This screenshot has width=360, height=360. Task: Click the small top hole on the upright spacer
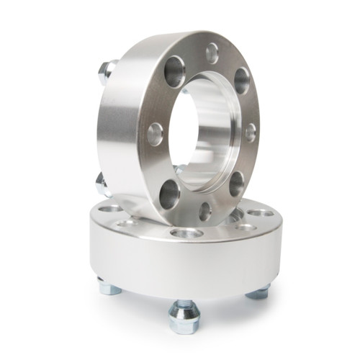coord(212,53)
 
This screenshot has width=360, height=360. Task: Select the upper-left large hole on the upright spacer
coord(175,71)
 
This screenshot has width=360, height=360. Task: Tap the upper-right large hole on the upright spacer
coord(241,81)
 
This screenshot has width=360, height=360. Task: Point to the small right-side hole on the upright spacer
coord(250,132)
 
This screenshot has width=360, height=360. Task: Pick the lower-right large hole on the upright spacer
coord(236,183)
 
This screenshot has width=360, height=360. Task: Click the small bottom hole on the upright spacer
coord(205,211)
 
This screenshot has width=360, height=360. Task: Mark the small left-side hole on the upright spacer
coord(155,134)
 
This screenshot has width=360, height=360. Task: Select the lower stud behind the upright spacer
coord(102,185)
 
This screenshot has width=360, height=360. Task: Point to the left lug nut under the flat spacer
coord(109,288)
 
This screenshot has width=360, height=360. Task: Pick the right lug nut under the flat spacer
coord(258,292)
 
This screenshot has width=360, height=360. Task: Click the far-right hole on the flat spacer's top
coord(261,214)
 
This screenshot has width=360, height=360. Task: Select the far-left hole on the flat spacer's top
coord(110,209)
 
